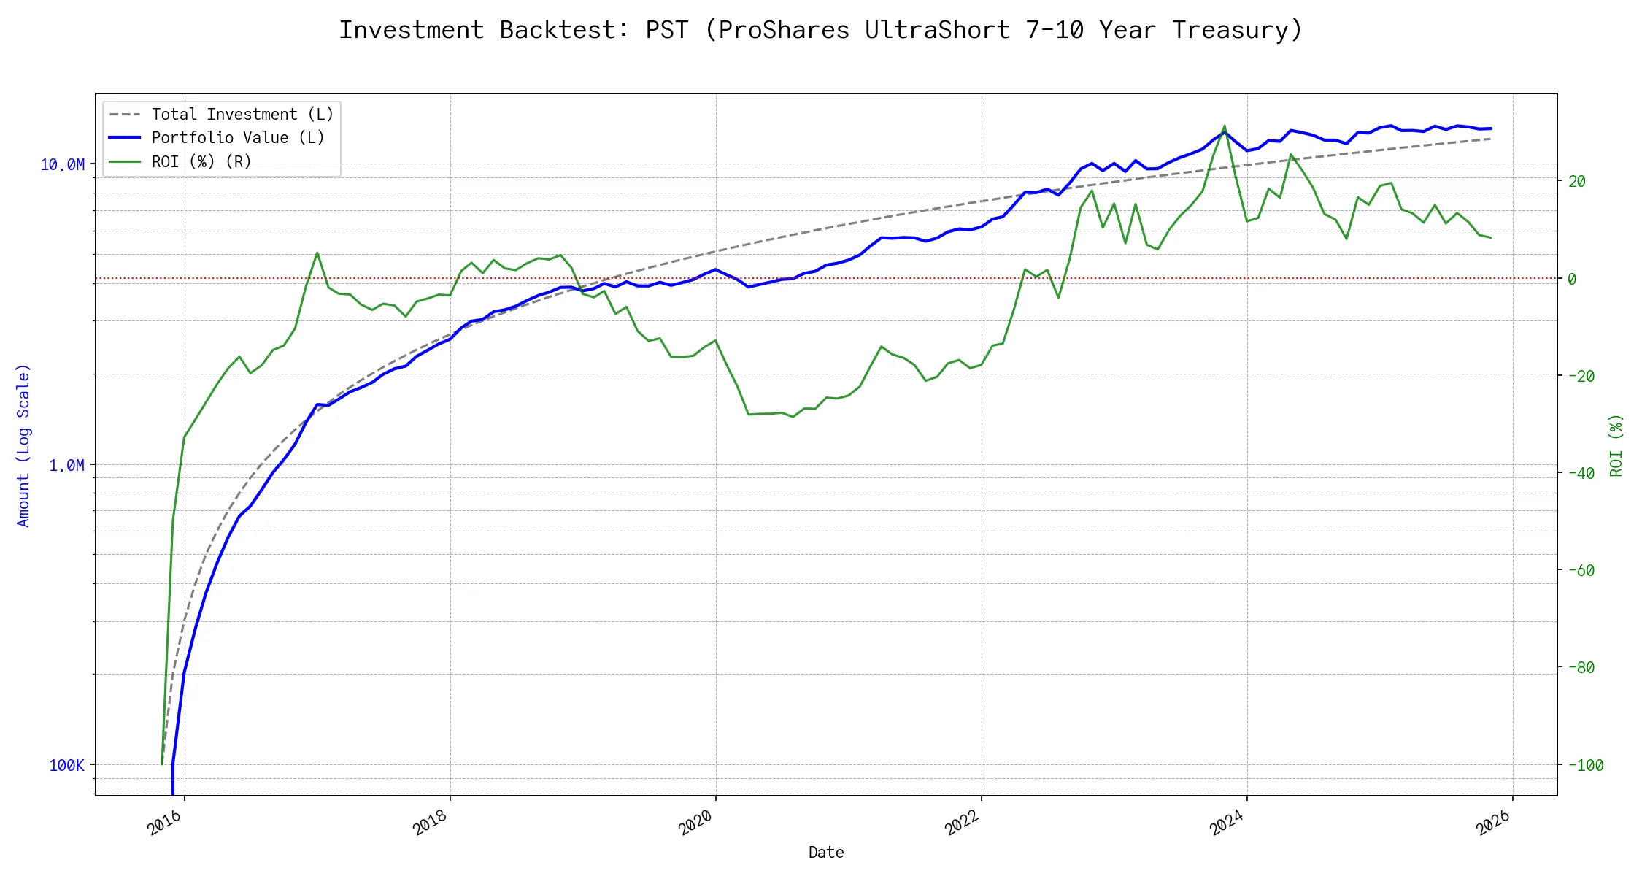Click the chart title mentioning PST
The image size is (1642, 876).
[x=820, y=30]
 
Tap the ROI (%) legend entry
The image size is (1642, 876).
[x=201, y=161]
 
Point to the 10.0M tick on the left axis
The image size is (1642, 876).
[x=62, y=165]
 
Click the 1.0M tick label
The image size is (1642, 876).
[x=66, y=466]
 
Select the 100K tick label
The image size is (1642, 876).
[x=66, y=766]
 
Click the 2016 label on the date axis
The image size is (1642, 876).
[x=165, y=823]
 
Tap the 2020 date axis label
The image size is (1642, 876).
[x=695, y=823]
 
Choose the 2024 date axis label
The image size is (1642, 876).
[x=1227, y=823]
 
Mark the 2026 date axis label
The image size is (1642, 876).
[x=1493, y=823]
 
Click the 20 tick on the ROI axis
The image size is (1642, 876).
[x=1577, y=182]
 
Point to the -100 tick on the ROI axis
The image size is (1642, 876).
[x=1586, y=766]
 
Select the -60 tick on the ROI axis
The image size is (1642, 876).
[x=1581, y=571]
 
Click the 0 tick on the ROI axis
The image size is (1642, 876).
[x=1572, y=279]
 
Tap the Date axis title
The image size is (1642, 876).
[x=826, y=853]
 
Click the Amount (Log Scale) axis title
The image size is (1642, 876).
[x=23, y=445]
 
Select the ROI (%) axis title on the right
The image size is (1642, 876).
[x=1616, y=445]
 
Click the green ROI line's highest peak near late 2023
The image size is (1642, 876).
[x=1225, y=126]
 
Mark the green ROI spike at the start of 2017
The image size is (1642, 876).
[x=317, y=253]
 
